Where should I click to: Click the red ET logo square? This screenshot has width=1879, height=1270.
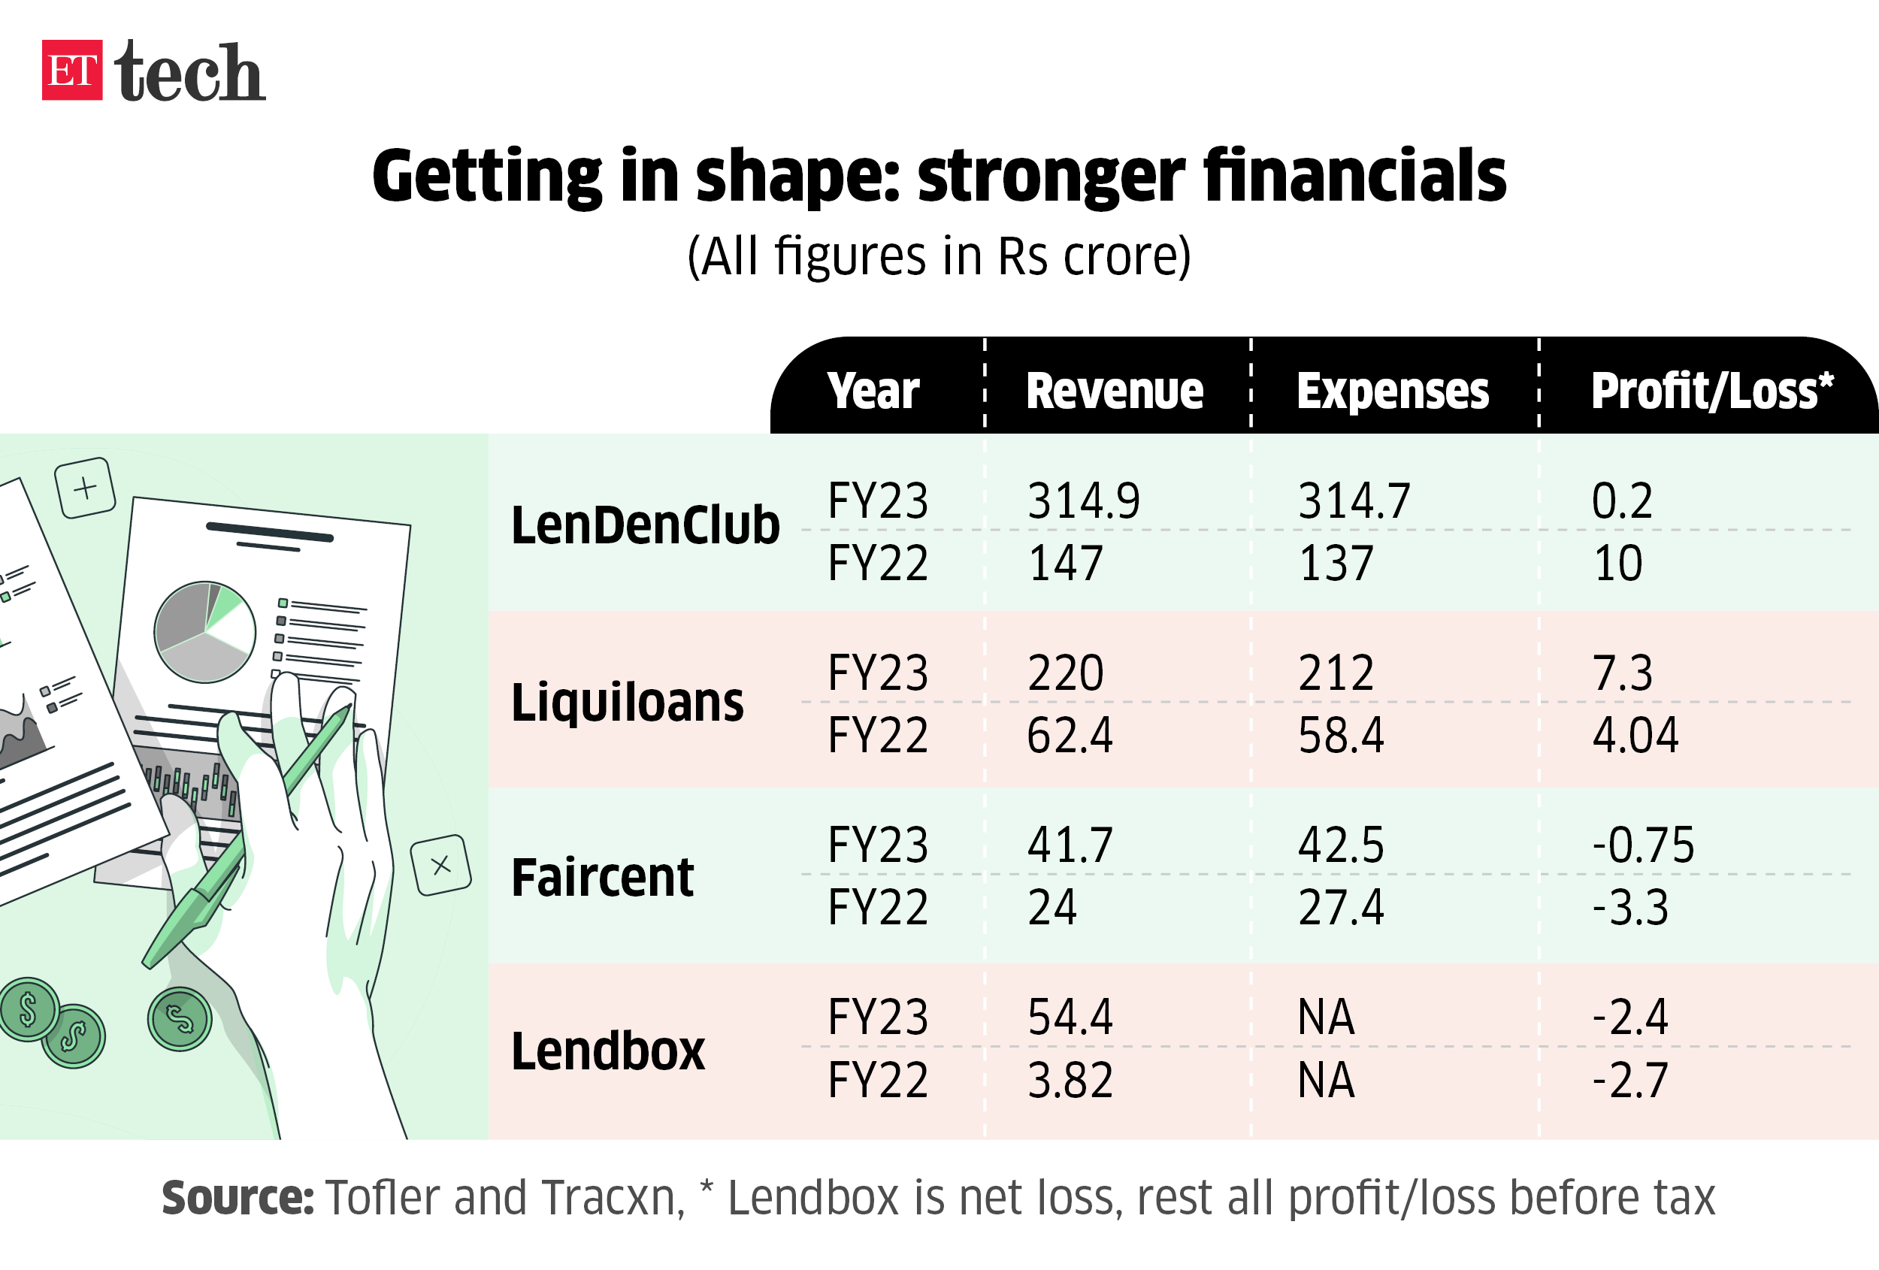pyautogui.click(x=72, y=71)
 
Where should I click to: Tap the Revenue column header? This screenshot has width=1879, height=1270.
pyautogui.click(x=1114, y=392)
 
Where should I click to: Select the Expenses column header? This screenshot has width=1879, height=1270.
pyautogui.click(x=1392, y=392)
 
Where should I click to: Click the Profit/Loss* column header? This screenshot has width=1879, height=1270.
pyautogui.click(x=1711, y=392)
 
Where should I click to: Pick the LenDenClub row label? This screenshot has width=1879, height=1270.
pyautogui.click(x=645, y=525)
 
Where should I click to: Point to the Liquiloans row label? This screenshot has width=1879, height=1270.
pyautogui.click(x=628, y=702)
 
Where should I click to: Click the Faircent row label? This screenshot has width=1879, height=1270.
pyautogui.click(x=602, y=877)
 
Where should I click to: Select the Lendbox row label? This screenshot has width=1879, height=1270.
pyautogui.click(x=608, y=1051)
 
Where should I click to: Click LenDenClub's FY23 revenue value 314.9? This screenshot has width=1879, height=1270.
pyautogui.click(x=1083, y=500)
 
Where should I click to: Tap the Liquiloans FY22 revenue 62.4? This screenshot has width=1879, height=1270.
pyautogui.click(x=1070, y=735)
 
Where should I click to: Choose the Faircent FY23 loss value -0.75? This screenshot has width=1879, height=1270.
pyautogui.click(x=1643, y=845)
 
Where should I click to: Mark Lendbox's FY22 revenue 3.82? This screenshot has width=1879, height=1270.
pyautogui.click(x=1070, y=1080)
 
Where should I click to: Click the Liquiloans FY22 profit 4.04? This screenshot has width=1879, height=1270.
pyautogui.click(x=1635, y=735)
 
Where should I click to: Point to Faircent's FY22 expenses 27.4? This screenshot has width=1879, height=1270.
pyautogui.click(x=1341, y=907)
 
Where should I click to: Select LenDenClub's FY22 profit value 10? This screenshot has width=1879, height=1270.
pyautogui.click(x=1617, y=564)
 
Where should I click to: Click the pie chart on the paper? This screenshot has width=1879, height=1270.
pyautogui.click(x=204, y=632)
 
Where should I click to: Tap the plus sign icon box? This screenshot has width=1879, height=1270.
pyautogui.click(x=85, y=488)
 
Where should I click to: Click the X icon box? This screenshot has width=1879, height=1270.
pyautogui.click(x=440, y=865)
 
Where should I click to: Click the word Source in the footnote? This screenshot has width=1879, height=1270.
pyautogui.click(x=238, y=1198)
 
